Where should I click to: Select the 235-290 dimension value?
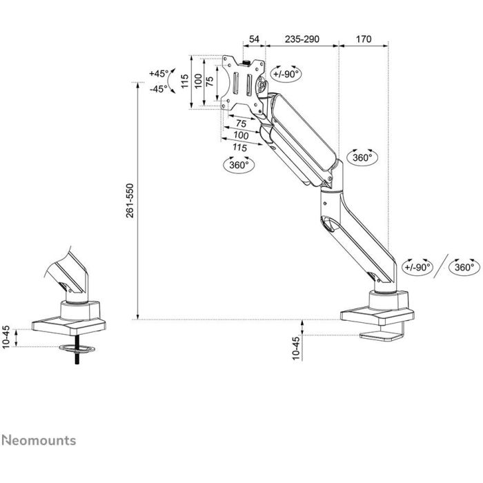coord(302,39)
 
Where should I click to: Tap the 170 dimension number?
coord(362,39)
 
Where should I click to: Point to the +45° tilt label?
coord(159,73)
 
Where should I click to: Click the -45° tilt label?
coord(159,89)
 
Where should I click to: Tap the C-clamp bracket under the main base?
coord(382,337)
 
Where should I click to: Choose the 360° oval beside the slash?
coord(464,266)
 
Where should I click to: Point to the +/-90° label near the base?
coord(417,266)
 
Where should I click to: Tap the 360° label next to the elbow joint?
coord(362,157)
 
